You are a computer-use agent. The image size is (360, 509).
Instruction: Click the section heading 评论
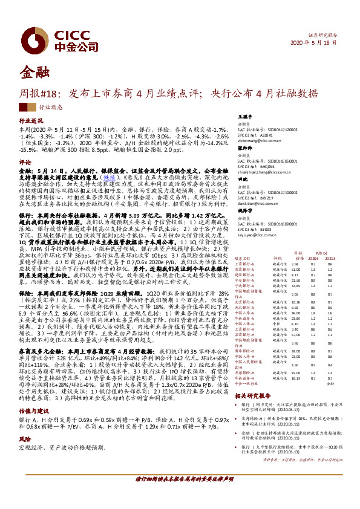point(25,163)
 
